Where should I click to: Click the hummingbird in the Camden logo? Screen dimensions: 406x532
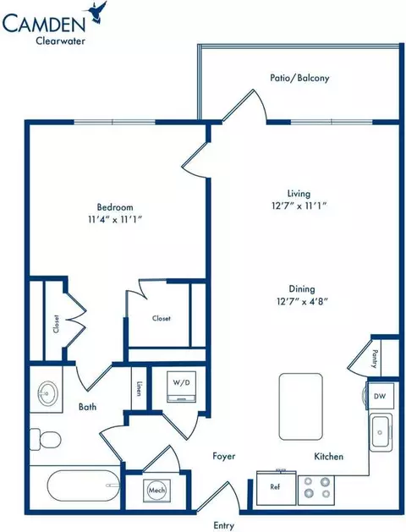[x=98, y=13]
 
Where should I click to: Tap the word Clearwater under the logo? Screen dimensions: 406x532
[x=60, y=41]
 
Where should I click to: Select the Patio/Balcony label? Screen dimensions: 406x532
[x=299, y=78]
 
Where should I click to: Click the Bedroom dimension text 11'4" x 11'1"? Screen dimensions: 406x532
[x=115, y=220]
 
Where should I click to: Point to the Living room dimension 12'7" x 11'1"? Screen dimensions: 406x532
[x=299, y=206]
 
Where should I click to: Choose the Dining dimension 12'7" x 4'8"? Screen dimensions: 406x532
[x=301, y=301]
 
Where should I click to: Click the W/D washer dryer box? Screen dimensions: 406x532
[x=182, y=387]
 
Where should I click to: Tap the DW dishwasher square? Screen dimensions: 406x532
[x=380, y=396]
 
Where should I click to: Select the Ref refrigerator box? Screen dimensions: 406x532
[x=276, y=487]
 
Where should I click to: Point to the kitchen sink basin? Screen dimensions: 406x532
[x=381, y=432]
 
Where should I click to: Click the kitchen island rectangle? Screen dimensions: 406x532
[x=300, y=407]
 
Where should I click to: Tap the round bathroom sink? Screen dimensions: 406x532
[x=48, y=393]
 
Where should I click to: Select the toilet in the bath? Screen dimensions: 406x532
[x=45, y=440]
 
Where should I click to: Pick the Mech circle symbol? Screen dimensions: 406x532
[x=157, y=490]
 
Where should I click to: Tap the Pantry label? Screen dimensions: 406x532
[x=375, y=359]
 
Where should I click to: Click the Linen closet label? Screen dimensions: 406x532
[x=139, y=388]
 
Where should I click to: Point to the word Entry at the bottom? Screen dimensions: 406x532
[x=224, y=526]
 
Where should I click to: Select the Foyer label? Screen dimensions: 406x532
[x=224, y=456]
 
